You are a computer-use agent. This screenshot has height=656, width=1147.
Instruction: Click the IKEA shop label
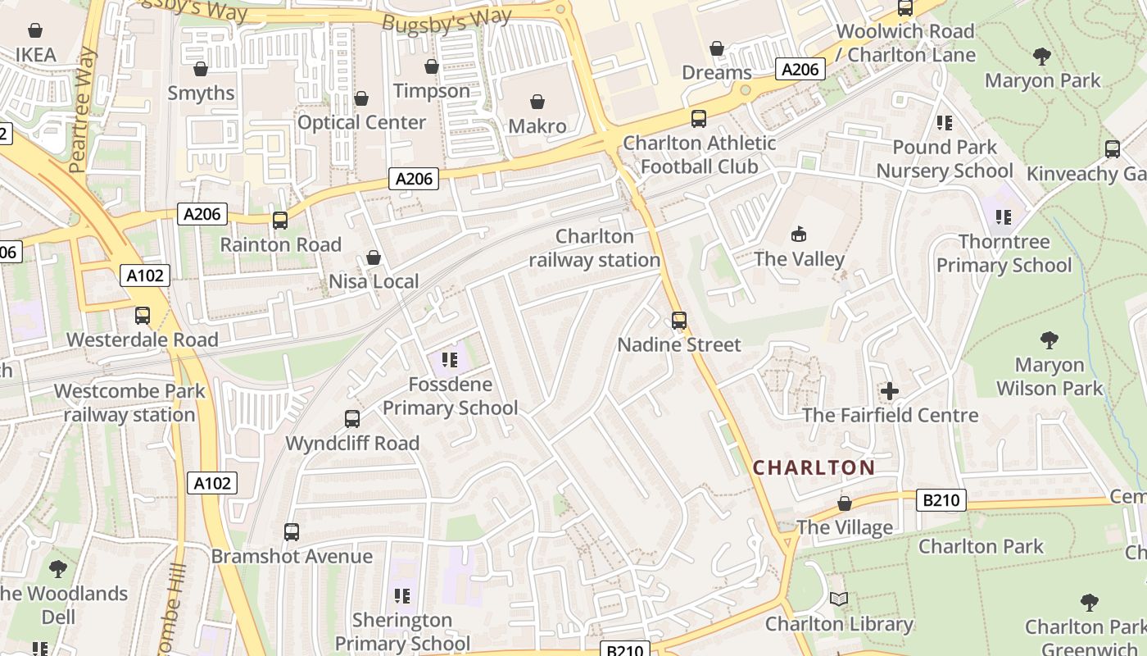36,55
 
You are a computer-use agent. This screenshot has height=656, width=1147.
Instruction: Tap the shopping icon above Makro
537,102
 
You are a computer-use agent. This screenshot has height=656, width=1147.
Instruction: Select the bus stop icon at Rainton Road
280,221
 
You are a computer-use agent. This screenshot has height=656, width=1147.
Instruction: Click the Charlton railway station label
595,248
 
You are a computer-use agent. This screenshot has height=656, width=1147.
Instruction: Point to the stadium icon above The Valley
799,235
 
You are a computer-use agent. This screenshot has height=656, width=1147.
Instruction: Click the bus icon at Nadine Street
679,321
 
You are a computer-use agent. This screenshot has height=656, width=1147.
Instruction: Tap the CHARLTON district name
814,468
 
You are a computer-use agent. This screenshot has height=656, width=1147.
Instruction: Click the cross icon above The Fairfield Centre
890,391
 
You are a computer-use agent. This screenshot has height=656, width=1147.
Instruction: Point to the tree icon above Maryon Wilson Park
1050,340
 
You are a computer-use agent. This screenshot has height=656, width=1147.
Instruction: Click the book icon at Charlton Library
839,599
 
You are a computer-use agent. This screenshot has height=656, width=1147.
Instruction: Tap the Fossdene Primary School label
450,396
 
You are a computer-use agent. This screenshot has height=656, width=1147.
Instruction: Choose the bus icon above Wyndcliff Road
352,419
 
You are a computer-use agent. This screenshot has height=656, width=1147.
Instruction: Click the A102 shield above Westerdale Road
145,276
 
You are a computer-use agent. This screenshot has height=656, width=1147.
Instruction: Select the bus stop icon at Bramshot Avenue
292,532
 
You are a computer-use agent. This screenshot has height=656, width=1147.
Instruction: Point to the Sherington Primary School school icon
401,595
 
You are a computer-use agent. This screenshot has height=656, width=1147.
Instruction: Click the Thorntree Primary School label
1004,253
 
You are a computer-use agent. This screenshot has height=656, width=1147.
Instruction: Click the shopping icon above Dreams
717,49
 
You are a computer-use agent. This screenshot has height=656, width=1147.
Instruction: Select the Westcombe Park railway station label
129,403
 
